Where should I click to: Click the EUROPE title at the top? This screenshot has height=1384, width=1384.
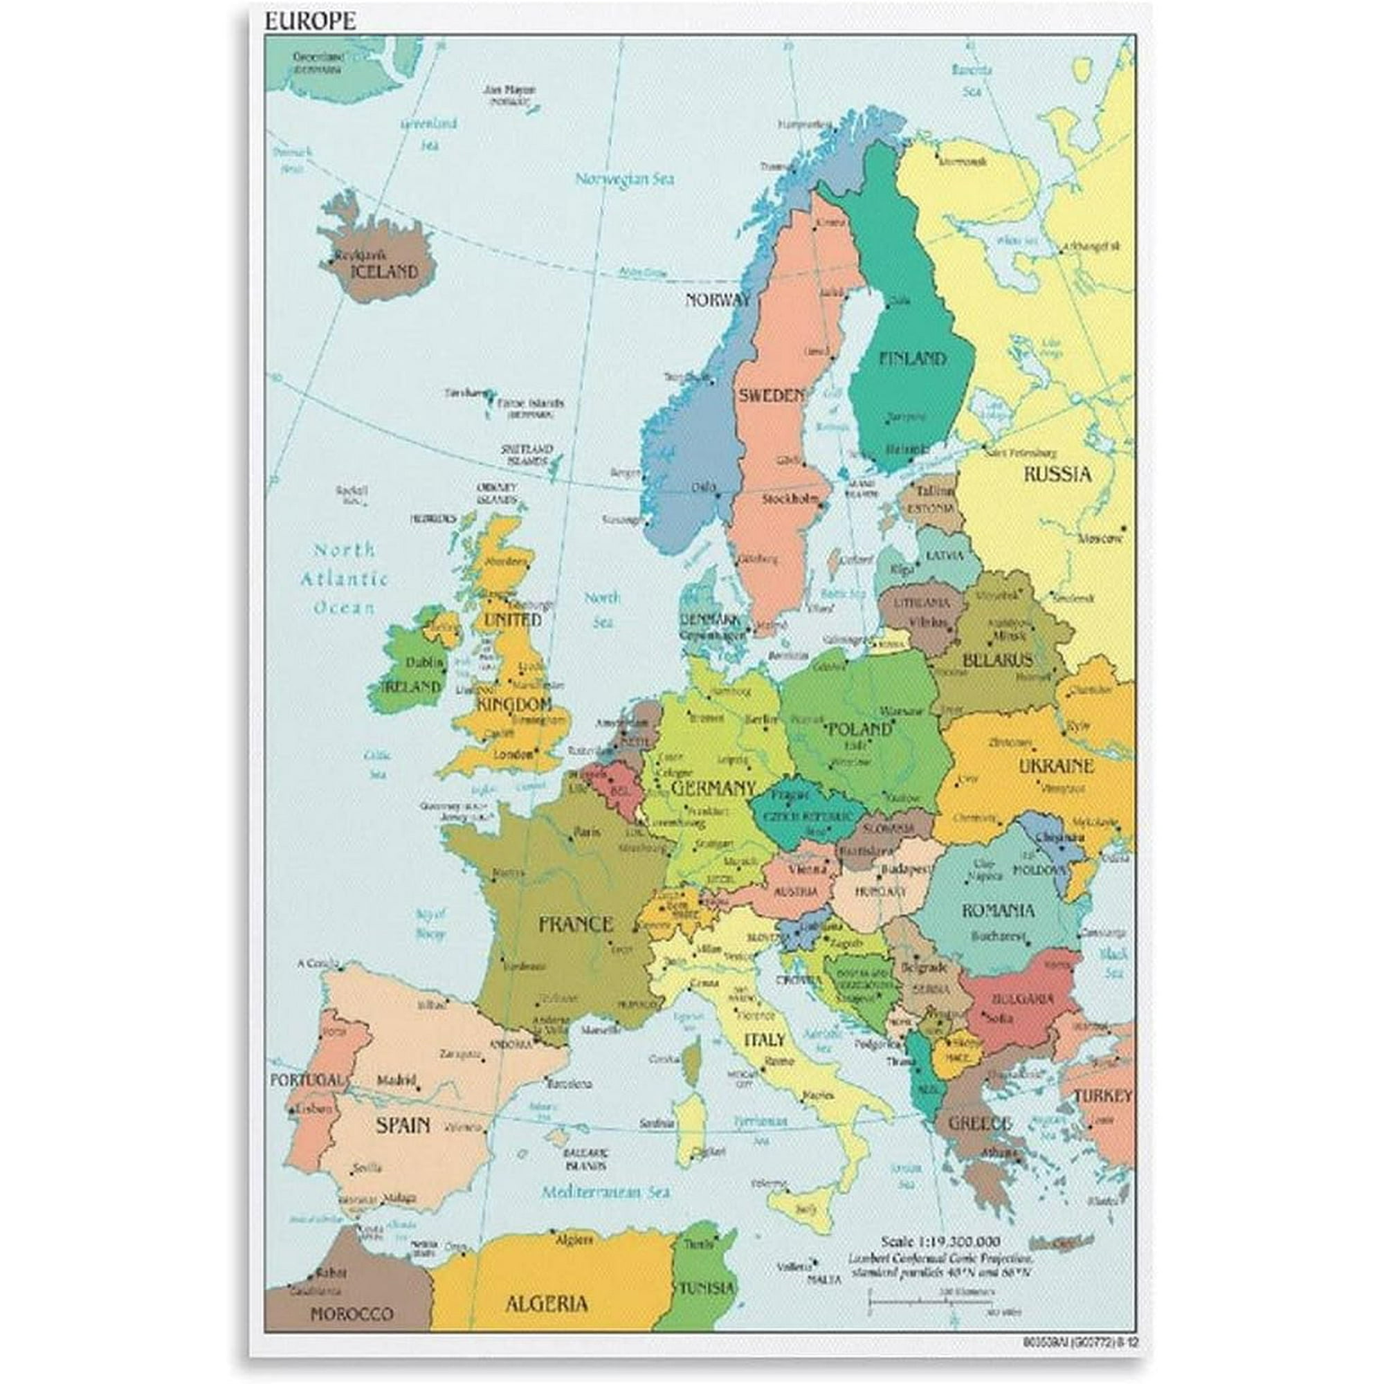coord(310,21)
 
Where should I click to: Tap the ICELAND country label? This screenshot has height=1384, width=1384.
coord(384,272)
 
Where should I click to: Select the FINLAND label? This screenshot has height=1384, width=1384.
coord(912,358)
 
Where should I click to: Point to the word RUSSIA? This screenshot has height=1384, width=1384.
coord(1057,474)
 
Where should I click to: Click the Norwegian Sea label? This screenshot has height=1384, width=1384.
coord(626,179)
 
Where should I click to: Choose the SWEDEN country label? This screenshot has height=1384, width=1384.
coord(772,395)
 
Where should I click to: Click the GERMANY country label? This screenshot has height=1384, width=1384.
coord(713,789)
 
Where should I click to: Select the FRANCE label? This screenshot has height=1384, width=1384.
coord(575,924)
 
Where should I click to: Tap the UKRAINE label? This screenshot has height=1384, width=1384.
coord(1056,766)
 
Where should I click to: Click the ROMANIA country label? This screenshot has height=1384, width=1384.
coord(998,911)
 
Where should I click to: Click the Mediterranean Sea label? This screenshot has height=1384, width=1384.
coord(605,1192)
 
